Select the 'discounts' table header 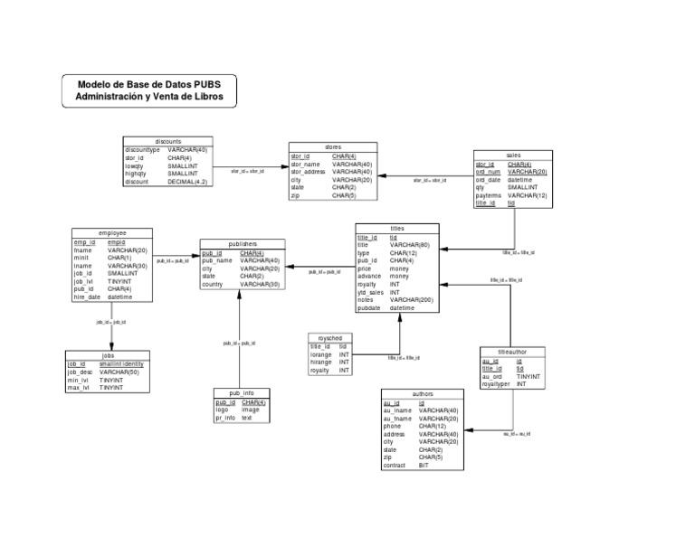[168, 142]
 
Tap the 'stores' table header [333, 147]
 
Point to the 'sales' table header [513, 155]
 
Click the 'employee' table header [112, 233]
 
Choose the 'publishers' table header [243, 244]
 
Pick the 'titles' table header [397, 229]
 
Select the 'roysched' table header [330, 337]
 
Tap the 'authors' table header [423, 394]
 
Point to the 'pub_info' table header [241, 393]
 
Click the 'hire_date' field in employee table [88, 297]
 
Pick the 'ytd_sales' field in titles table [372, 292]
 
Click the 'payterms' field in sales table [489, 195]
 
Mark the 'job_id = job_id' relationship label [110, 322]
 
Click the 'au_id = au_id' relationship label [517, 434]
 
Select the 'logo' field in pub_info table [222, 410]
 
